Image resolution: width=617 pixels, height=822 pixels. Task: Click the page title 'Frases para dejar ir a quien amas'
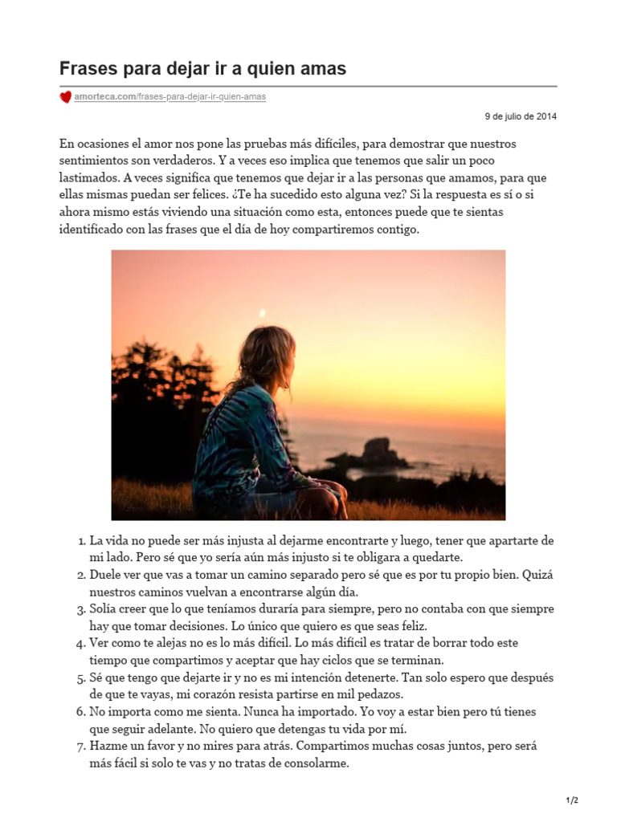203,69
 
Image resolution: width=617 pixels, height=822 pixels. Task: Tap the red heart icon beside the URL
66,97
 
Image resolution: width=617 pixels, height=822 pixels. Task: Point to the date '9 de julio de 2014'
521,116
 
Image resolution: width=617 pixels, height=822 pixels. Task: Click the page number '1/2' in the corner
572,800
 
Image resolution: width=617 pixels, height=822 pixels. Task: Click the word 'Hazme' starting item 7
108,747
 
